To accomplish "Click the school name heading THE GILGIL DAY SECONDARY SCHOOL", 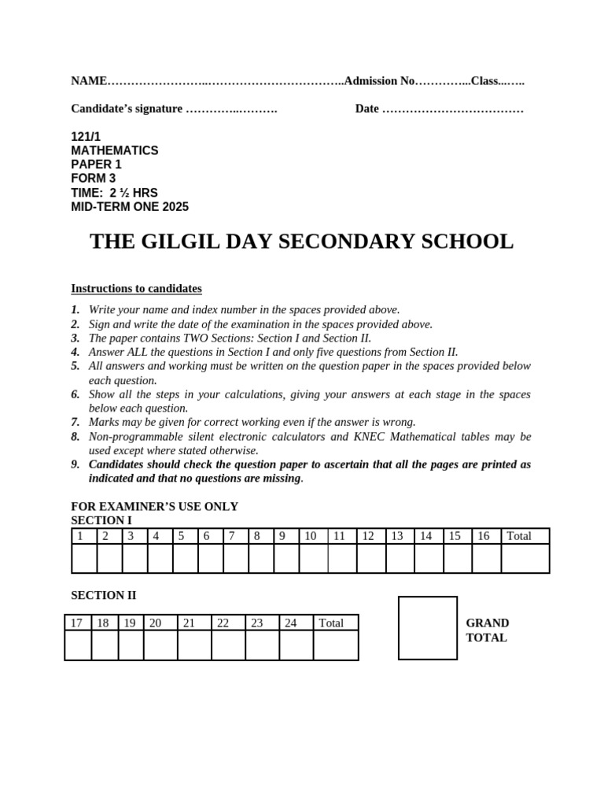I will click(301, 242).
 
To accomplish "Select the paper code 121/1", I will click(86, 136).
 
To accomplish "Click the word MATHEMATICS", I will click(115, 150).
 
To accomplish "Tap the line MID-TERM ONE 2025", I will click(130, 207).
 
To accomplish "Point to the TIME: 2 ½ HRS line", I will click(114, 193).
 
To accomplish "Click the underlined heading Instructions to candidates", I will click(136, 288).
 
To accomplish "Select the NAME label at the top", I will click(88, 80).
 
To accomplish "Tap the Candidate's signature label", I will click(127, 109).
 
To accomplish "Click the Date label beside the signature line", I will click(366, 109).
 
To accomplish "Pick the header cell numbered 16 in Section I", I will click(485, 536).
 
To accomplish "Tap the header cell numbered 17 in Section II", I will click(77, 623).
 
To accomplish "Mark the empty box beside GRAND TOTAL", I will click(427, 627).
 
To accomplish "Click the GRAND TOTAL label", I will click(487, 630).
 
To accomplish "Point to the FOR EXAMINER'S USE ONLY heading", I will click(154, 506).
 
